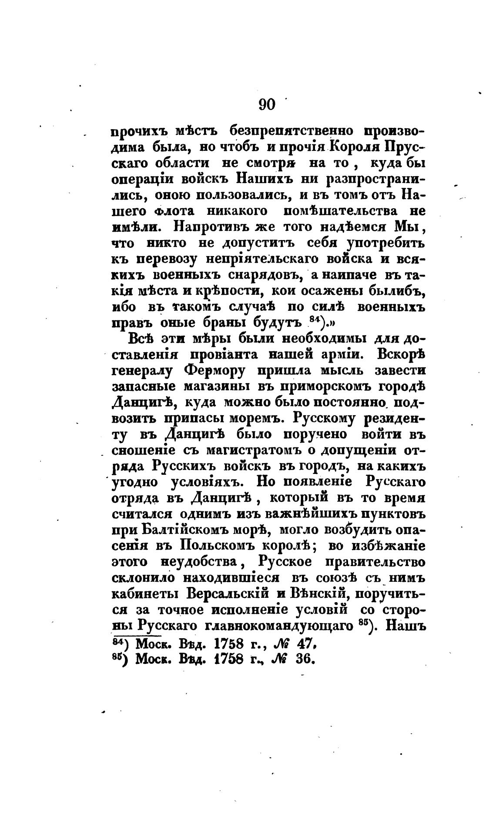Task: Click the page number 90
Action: pyautogui.click(x=267, y=105)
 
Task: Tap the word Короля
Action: pyautogui.click(x=356, y=147)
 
